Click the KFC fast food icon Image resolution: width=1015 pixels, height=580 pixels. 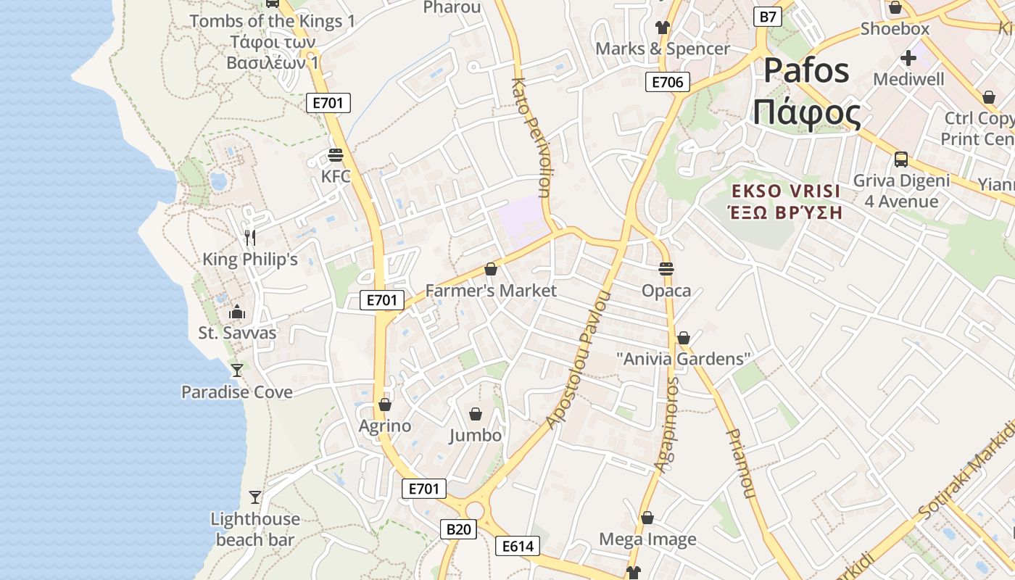coord(335,155)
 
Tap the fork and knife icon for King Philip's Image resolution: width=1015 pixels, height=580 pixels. coord(250,237)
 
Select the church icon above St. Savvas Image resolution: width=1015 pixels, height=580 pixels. coord(237,312)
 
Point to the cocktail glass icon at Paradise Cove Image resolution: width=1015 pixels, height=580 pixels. coord(237,370)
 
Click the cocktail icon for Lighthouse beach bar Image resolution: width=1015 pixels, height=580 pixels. coord(255,497)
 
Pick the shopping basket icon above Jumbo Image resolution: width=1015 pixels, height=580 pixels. coord(476,414)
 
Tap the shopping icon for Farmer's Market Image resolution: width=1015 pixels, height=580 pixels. coord(491,270)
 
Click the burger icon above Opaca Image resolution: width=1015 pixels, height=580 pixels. coord(666,269)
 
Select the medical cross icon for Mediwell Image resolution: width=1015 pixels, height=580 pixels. coord(908,57)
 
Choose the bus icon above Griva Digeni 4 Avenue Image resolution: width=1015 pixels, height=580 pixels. coord(901,159)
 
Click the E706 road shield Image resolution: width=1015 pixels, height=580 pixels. coord(667,82)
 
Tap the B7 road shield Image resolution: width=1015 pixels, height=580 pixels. coord(768,16)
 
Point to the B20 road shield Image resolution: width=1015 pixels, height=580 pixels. coord(458,529)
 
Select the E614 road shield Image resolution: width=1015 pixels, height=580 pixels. coord(518,546)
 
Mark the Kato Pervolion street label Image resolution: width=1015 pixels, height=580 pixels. coord(533,138)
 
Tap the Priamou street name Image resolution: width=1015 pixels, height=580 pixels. coord(740,464)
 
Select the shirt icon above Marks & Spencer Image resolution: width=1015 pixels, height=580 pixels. coord(663,28)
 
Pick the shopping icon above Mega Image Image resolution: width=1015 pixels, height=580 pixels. coord(647,518)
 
